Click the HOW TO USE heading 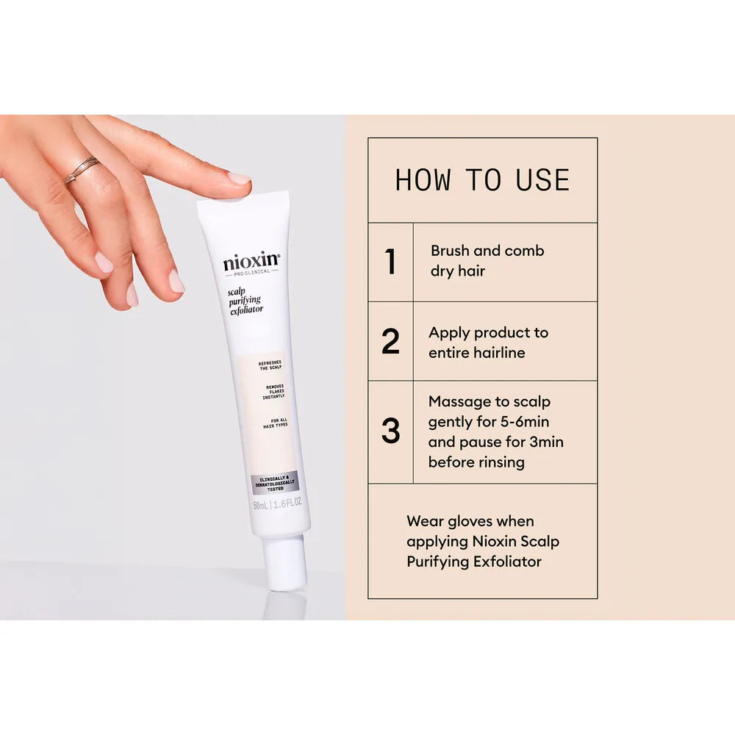tap(482, 181)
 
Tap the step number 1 tap(390, 262)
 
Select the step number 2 tap(390, 342)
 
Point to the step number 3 tap(390, 431)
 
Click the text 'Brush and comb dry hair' tap(487, 261)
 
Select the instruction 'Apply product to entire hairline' tap(488, 343)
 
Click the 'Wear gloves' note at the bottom tap(482, 541)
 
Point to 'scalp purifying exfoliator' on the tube tap(245, 300)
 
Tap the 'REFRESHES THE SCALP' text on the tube tap(270, 365)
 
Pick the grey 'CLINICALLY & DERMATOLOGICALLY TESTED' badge tap(275, 483)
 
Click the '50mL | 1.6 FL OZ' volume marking tap(278, 505)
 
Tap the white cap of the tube tap(286, 562)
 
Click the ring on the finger tap(80, 169)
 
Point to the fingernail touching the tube tap(239, 179)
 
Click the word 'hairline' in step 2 tap(499, 353)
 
